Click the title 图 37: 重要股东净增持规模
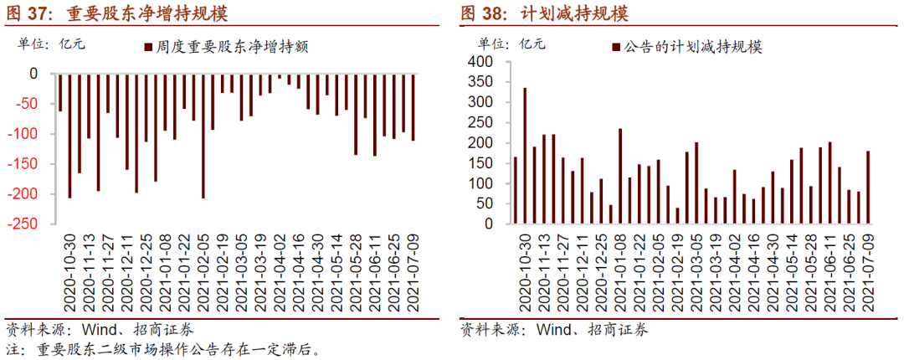(x=117, y=14)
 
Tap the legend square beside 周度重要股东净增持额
(x=148, y=48)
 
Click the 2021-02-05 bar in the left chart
(x=203, y=136)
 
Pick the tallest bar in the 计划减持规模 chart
(x=525, y=156)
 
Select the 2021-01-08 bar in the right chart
(x=620, y=176)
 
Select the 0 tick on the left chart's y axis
(x=33, y=74)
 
